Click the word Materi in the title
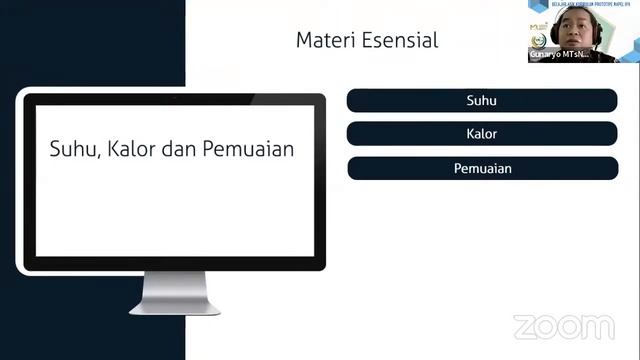(321, 41)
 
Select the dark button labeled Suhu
(481, 100)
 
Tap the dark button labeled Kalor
(481, 134)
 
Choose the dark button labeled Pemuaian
(481, 168)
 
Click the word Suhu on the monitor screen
(70, 149)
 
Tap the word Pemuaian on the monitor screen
(248, 149)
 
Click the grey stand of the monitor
(174, 291)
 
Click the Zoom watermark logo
(563, 327)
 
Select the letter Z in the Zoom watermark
(525, 327)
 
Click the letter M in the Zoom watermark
(598, 327)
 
